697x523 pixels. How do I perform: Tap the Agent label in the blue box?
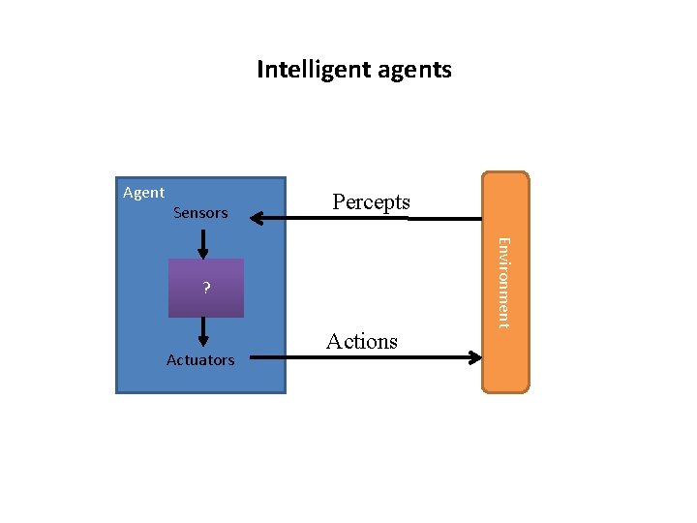(x=143, y=192)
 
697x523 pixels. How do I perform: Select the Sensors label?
(x=200, y=212)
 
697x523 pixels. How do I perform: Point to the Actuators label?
(x=200, y=359)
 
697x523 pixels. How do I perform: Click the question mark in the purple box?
(x=206, y=288)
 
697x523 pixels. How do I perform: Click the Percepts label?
(x=371, y=201)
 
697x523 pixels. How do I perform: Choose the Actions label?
(x=362, y=341)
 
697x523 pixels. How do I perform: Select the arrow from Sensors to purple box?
(x=203, y=245)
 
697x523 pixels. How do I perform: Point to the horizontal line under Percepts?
(x=368, y=219)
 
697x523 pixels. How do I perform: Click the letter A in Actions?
(x=334, y=341)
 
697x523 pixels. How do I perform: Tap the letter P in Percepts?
(x=339, y=201)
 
